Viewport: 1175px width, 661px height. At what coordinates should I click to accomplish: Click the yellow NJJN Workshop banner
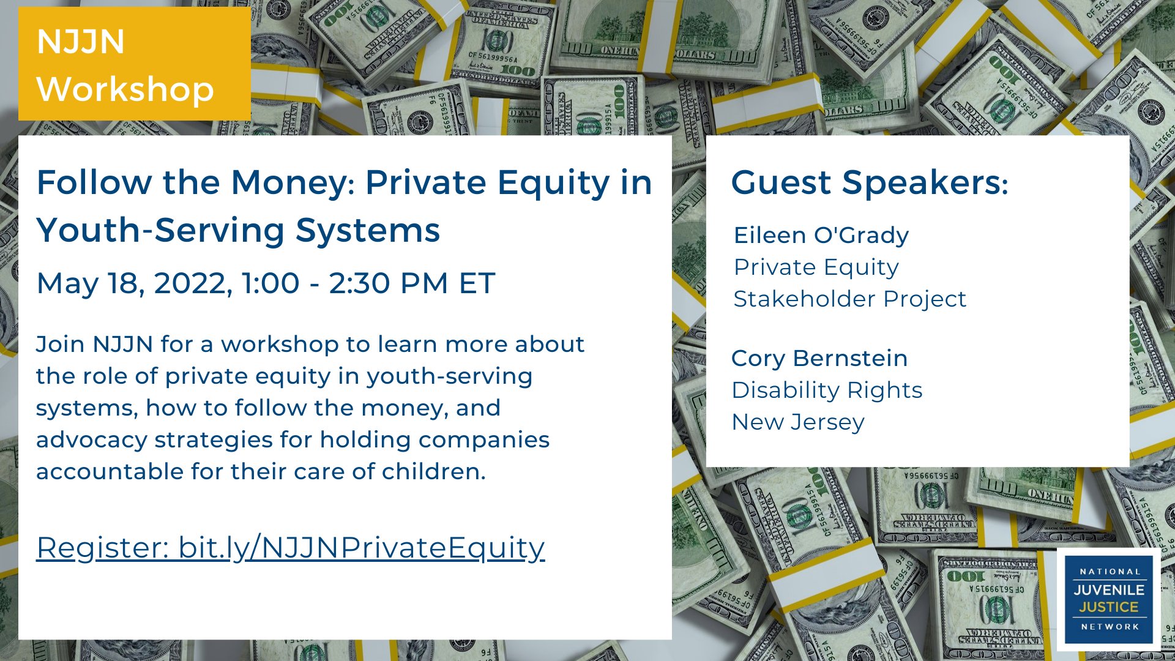[134, 64]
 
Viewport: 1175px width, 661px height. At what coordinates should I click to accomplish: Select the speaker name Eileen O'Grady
[821, 235]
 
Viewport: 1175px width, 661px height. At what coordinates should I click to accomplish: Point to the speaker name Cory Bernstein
[819, 359]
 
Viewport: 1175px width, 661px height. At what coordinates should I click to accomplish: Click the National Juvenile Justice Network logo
[1109, 599]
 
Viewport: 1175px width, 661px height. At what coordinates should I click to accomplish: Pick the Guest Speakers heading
[870, 182]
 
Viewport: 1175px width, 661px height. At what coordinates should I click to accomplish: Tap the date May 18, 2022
[135, 284]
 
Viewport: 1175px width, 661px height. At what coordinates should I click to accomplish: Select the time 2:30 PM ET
[412, 283]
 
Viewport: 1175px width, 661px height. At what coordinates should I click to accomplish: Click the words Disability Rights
[827, 390]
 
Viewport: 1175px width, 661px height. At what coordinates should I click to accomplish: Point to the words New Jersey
[798, 422]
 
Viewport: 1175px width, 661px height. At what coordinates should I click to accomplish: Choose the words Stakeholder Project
[850, 299]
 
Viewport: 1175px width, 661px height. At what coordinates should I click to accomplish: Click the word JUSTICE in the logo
[1109, 607]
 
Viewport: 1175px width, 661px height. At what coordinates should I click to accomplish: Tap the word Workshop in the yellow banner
[125, 89]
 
